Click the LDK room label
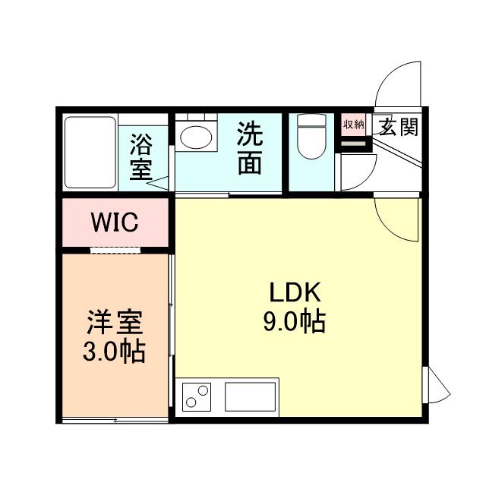295,292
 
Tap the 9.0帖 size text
295,322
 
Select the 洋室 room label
115,325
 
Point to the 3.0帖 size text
115,352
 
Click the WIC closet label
114,222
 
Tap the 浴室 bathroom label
140,157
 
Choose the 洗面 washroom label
250,149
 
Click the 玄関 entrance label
398,127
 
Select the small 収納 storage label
353,125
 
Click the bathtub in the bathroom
90,152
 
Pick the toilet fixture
311,137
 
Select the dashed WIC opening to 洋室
115,249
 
